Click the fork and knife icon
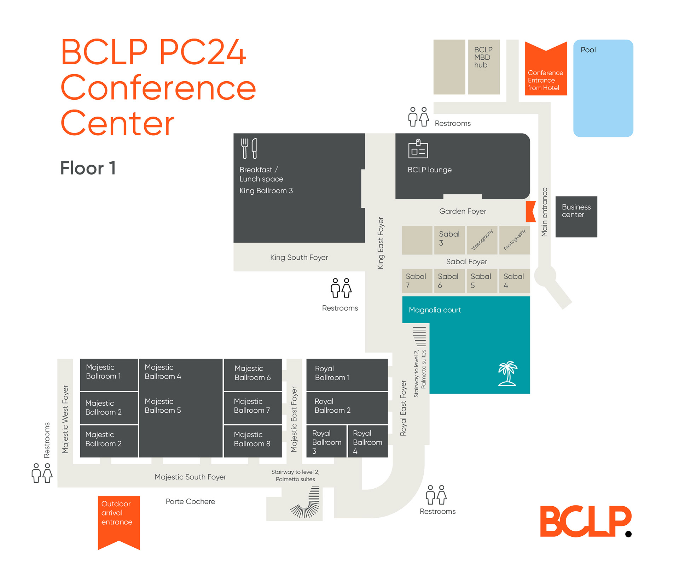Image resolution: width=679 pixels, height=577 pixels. coord(249,148)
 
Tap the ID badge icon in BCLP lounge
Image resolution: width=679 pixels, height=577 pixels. coord(418,149)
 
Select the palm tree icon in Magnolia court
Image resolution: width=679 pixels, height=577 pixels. coord(507,373)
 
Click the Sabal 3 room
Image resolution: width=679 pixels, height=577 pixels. coord(449,240)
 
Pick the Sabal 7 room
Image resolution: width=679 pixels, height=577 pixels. coord(417,281)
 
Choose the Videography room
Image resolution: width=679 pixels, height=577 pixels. coord(482,240)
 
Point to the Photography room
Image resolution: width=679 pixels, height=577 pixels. coord(515,240)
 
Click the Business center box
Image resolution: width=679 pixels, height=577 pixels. coord(576,217)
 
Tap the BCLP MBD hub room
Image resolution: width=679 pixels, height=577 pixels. coord(484,67)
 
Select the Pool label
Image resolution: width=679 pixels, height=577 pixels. coord(588,50)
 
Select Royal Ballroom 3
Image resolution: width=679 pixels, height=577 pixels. coord(326,442)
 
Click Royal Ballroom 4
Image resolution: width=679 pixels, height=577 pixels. coord(368,442)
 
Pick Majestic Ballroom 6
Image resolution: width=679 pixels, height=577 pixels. coord(253,374)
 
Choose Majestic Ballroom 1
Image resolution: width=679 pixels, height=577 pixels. coord(109,374)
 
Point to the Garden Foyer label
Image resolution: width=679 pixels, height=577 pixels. coord(463,211)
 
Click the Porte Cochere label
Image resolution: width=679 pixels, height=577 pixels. coord(190,501)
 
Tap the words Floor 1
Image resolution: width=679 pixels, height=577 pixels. coord(88,168)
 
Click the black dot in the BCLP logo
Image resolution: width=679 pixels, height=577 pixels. coord(628,534)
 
